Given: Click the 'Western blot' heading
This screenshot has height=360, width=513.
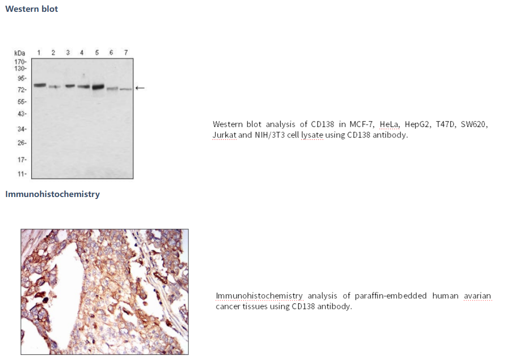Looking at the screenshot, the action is click(x=31, y=9).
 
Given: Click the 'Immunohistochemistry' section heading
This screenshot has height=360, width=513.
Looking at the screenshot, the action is click(x=52, y=194).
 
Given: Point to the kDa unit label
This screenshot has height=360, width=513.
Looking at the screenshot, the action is click(x=20, y=53).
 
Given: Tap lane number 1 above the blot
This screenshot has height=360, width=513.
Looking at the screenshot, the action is click(x=39, y=52).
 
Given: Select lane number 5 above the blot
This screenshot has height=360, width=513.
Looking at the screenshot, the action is click(x=97, y=52).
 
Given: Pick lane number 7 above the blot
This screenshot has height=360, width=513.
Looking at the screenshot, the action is click(x=126, y=52).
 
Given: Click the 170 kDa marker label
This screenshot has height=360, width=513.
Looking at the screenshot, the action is click(x=20, y=62).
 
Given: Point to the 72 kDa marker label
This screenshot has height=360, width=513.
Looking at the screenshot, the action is click(x=22, y=90).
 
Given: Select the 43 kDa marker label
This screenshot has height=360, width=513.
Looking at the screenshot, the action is click(x=22, y=114).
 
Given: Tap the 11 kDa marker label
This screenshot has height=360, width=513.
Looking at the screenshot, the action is click(x=22, y=174).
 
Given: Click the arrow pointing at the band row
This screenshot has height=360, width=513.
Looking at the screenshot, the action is click(x=140, y=88).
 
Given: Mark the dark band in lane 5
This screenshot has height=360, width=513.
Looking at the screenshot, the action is click(x=98, y=87).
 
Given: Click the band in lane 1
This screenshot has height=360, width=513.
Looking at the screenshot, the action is click(x=40, y=86).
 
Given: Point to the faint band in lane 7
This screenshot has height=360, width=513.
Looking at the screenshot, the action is click(x=126, y=89).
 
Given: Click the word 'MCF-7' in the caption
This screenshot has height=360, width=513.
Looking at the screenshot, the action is click(x=361, y=124).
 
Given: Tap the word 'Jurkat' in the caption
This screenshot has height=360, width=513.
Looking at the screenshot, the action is click(x=224, y=135).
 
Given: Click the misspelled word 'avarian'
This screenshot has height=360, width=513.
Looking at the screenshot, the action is click(x=478, y=296).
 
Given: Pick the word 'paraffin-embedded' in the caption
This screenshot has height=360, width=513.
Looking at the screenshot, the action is click(x=391, y=296).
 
